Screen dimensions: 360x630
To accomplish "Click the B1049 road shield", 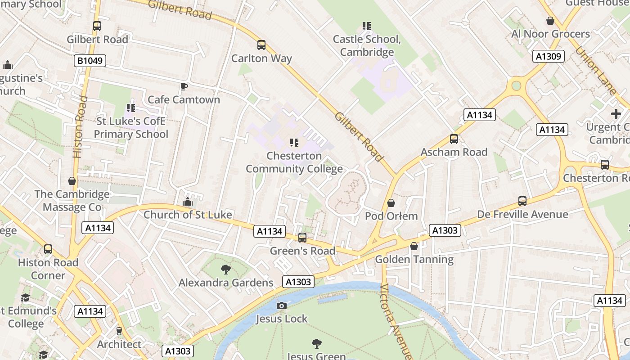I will point(90,61).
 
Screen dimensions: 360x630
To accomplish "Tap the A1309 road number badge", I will point(549,56).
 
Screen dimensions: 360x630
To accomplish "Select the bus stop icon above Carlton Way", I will point(261,45).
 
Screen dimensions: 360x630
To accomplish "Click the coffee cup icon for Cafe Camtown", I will point(184,86).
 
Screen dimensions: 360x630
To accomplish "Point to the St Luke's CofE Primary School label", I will point(131,128).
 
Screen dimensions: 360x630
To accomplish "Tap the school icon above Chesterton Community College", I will point(294,143).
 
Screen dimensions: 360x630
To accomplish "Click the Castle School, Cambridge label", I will point(367,45).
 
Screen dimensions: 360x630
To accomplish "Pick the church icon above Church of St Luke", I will point(188,202).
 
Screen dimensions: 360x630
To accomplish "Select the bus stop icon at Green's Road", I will point(302,238).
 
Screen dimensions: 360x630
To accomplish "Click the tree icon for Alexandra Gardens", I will point(226,270).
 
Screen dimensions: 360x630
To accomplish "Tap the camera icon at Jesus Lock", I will point(282,306).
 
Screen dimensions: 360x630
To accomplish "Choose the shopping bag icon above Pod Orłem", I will point(391,203).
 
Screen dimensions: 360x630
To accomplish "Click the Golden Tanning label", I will point(414,259).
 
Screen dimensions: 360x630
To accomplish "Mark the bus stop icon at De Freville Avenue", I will point(522,201).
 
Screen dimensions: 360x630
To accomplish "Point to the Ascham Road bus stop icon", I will point(454,139).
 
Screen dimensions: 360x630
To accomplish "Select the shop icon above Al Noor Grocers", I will point(550,21).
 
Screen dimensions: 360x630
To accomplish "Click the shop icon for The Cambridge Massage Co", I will point(72,181).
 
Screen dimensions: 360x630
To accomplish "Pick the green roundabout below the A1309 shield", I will point(516,85).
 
